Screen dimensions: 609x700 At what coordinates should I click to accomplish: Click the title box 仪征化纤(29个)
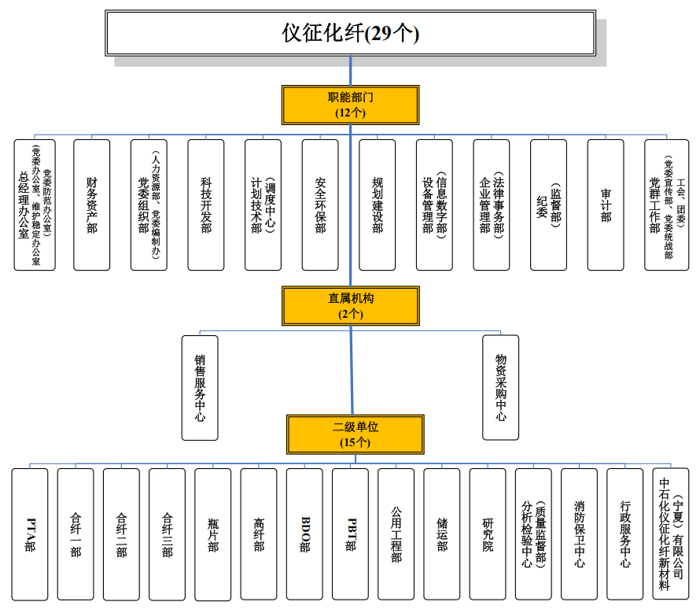(x=350, y=33)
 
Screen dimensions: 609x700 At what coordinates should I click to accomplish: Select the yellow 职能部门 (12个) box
(x=350, y=105)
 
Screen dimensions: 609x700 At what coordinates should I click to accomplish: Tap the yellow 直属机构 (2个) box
(x=350, y=306)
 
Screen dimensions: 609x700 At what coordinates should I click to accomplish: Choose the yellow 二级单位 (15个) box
(x=355, y=434)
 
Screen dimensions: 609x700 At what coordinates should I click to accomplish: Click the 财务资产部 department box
(x=91, y=205)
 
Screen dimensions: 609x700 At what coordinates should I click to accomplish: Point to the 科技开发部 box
(x=206, y=205)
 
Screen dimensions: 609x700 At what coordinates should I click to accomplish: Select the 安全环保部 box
(x=320, y=205)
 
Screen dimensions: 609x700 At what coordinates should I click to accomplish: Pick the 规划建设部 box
(x=378, y=205)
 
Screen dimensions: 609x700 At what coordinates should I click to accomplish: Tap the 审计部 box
(x=606, y=205)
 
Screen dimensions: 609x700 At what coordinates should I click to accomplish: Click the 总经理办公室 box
(x=35, y=205)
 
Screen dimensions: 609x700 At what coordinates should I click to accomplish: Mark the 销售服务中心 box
(x=200, y=387)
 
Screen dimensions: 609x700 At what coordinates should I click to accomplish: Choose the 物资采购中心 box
(x=501, y=387)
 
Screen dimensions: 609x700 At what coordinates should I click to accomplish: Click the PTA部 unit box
(x=30, y=534)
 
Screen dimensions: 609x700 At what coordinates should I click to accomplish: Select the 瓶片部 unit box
(x=213, y=534)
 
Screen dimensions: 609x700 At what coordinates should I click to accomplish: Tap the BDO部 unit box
(x=304, y=534)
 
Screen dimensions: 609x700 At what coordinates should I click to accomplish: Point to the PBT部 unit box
(x=350, y=534)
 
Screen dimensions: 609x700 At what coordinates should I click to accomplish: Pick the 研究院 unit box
(x=488, y=534)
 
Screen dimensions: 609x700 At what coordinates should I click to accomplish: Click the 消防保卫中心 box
(x=580, y=534)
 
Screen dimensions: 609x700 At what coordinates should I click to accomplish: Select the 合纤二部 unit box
(x=121, y=534)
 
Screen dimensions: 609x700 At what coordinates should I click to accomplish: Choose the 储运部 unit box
(x=442, y=534)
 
